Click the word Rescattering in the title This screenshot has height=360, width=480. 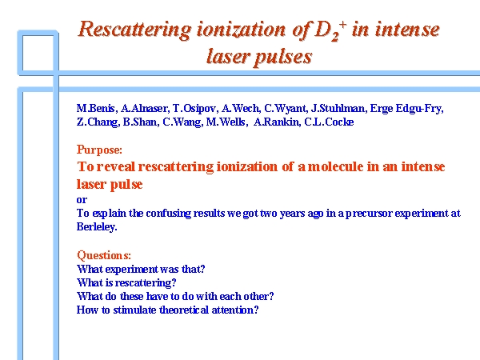(134, 30)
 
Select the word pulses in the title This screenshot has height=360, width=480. (283, 58)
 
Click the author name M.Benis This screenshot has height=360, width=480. (96, 108)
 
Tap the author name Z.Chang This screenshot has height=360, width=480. (98, 122)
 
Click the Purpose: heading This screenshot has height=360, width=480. (99, 150)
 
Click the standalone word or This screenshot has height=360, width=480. (82, 200)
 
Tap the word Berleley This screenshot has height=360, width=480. (97, 227)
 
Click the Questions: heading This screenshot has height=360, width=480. (104, 255)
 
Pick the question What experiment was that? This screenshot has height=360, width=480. (141, 269)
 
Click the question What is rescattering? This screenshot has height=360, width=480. (126, 282)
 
